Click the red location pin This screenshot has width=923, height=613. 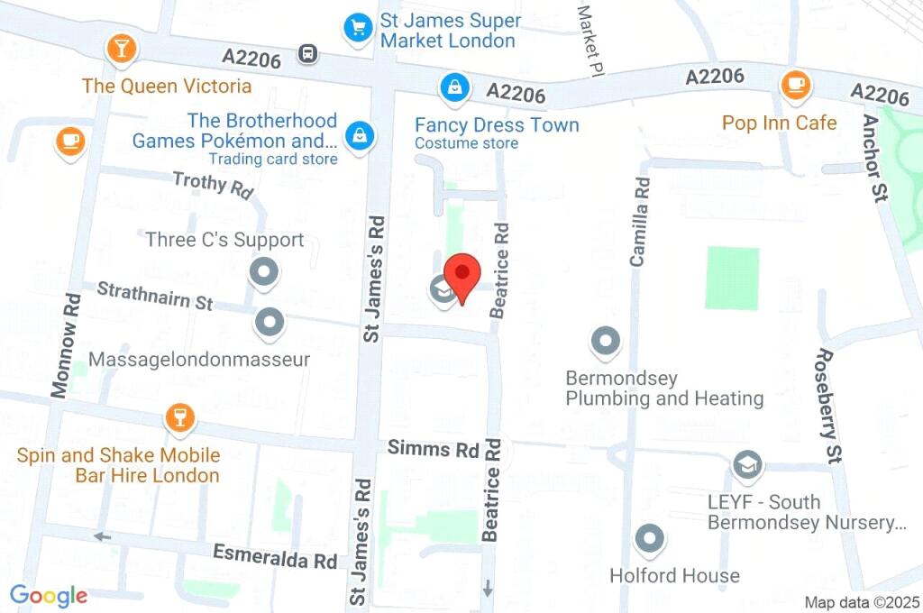(463, 274)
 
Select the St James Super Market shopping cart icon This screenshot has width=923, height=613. (358, 26)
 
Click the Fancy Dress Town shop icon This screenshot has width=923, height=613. (452, 87)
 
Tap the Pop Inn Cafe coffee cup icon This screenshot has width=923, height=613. (794, 85)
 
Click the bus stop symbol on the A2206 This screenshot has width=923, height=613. (309, 54)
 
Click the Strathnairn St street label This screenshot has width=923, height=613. (154, 296)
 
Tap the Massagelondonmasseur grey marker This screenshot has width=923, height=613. (270, 322)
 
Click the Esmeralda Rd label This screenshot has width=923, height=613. (274, 556)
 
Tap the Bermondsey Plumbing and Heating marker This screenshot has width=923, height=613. (604, 342)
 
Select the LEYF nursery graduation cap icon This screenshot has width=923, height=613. (746, 465)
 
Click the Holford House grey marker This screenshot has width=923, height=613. (649, 539)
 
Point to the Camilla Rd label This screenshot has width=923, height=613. (640, 221)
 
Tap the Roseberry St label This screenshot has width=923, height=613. (827, 393)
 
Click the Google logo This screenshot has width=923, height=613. (49, 595)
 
